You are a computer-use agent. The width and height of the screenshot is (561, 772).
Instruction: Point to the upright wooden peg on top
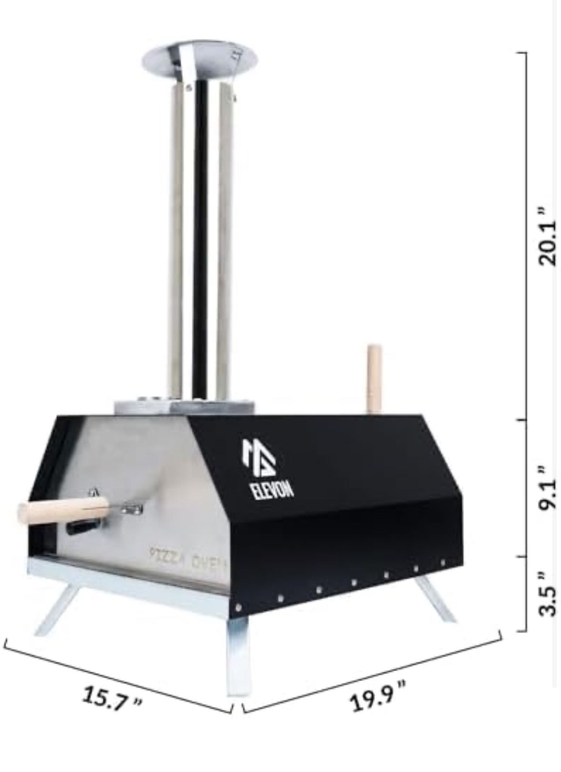pyautogui.click(x=374, y=380)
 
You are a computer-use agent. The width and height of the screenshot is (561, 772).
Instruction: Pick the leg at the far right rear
pyautogui.click(x=436, y=597)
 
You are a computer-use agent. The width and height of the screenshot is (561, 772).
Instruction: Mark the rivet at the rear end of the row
pyautogui.click(x=443, y=563)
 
